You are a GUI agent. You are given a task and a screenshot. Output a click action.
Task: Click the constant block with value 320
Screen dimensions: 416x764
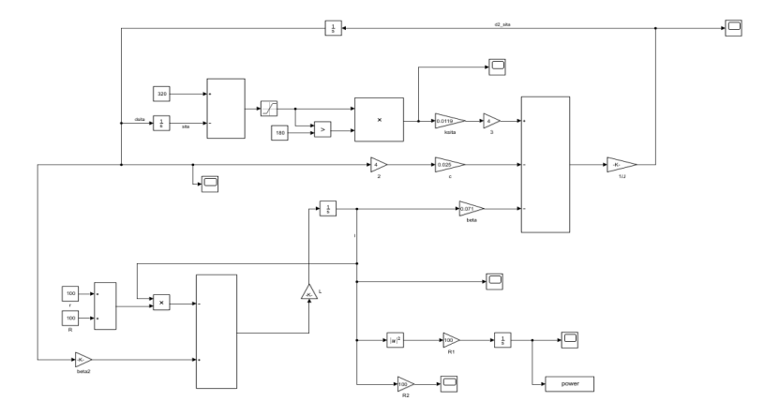click(162, 94)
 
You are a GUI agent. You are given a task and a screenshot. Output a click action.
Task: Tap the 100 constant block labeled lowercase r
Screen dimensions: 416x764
click(69, 294)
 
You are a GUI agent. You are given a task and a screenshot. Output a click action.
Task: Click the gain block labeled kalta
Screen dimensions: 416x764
click(449, 120)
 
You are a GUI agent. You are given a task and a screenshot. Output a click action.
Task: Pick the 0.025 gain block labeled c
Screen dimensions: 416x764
click(449, 165)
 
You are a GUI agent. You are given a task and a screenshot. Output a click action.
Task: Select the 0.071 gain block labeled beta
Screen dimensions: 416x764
click(472, 208)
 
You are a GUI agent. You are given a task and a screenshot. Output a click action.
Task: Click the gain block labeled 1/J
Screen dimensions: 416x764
click(620, 165)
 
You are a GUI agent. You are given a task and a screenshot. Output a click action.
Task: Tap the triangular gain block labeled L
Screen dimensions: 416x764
click(309, 294)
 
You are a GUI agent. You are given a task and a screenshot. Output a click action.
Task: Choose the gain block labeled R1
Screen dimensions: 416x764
click(452, 341)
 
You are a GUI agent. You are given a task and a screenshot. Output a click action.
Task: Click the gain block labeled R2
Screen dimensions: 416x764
click(406, 384)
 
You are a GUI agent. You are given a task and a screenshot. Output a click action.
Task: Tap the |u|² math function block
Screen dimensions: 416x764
click(396, 341)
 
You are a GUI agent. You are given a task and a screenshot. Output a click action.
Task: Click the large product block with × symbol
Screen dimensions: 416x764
click(379, 120)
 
